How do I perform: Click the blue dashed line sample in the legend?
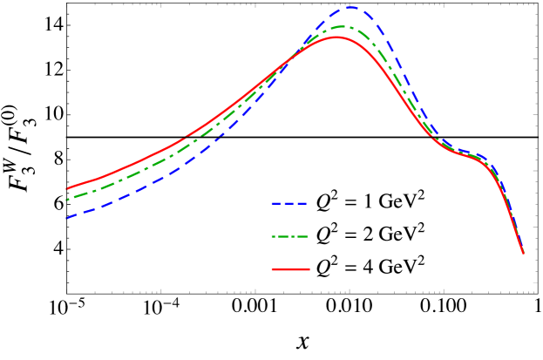pyautogui.click(x=288, y=203)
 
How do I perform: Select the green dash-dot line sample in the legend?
pyautogui.click(x=290, y=236)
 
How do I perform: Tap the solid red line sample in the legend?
pyautogui.click(x=290, y=269)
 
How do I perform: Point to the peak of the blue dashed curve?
pyautogui.click(x=350, y=8)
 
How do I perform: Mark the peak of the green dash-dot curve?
pyautogui.click(x=341, y=27)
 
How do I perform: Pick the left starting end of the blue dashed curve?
pyautogui.click(x=68, y=217)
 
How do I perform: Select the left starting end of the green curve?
pyautogui.click(x=68, y=200)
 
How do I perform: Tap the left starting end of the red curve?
pyautogui.click(x=68, y=188)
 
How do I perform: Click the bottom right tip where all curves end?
pyautogui.click(x=523, y=253)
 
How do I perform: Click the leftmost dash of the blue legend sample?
pyautogui.click(x=275, y=203)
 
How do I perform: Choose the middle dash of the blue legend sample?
pyautogui.click(x=288, y=203)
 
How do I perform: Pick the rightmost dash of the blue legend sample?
pyautogui.click(x=302, y=203)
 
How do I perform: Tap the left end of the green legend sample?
pyautogui.click(x=273, y=236)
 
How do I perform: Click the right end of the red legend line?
pyautogui.click(x=309, y=269)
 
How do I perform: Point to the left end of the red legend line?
pyautogui.click(x=273, y=269)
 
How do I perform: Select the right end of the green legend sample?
pyautogui.click(x=308, y=236)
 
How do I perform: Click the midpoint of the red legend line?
pyautogui.click(x=290, y=269)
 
